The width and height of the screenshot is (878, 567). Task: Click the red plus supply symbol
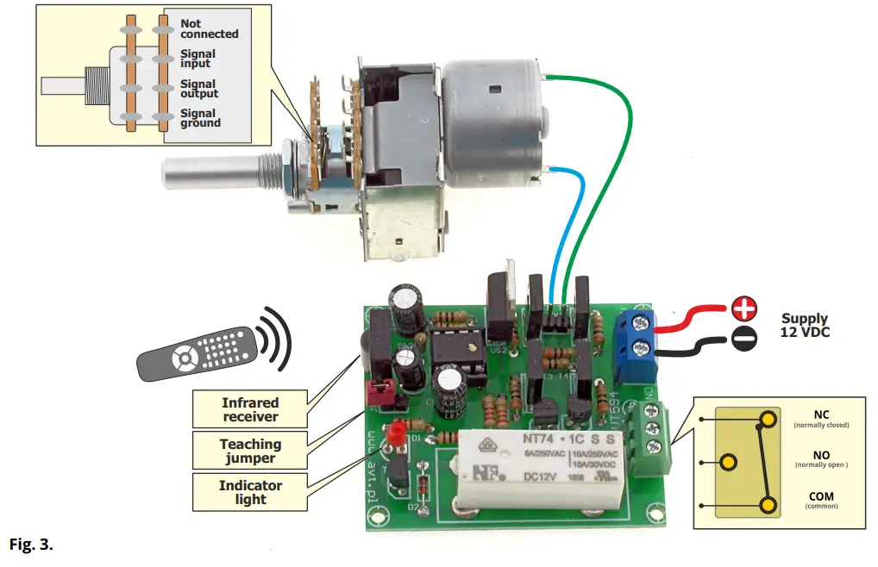pos(743,306)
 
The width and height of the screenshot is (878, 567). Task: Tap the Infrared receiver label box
pos(250,409)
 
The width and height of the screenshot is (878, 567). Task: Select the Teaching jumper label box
pos(250,451)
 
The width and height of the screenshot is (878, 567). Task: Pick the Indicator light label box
pos(250,492)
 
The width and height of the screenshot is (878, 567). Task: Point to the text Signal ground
pos(200,118)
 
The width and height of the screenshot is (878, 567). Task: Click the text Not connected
pos(209,28)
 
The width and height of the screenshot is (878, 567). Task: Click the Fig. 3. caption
pos(31,545)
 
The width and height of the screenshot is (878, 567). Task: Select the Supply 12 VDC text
pos(805,325)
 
